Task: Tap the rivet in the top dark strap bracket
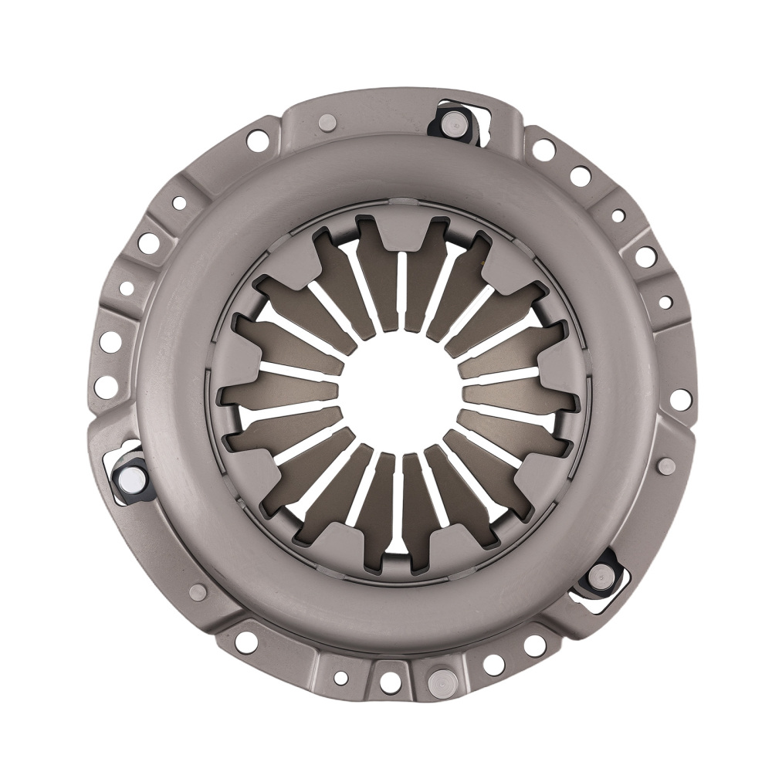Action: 455,120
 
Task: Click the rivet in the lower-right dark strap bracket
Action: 598,575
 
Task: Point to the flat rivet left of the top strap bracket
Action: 327,122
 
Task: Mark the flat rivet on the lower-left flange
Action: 198,591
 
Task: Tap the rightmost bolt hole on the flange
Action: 680,399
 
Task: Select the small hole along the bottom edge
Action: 340,678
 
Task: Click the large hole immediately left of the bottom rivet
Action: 390,682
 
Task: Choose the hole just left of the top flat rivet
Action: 257,141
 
